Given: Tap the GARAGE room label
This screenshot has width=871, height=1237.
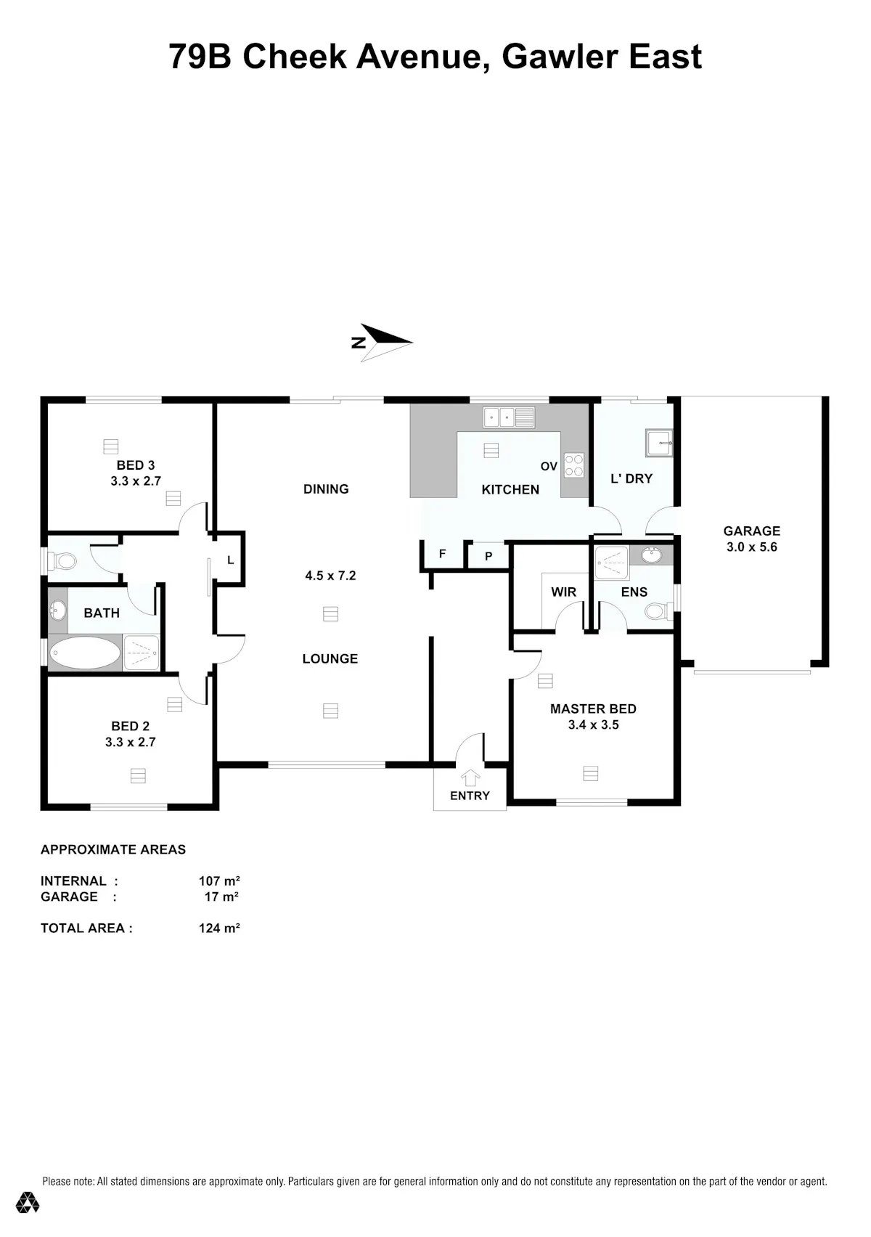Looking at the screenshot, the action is (751, 531).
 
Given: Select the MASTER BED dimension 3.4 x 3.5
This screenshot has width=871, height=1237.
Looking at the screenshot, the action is (593, 724).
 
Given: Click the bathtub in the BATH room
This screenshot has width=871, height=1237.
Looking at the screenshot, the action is (84, 653).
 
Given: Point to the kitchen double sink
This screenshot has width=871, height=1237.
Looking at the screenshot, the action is (509, 417).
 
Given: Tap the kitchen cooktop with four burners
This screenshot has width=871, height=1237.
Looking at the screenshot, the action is (574, 465).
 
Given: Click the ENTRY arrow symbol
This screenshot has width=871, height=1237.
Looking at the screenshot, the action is (470, 778).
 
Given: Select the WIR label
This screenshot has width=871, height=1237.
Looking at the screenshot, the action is (563, 592).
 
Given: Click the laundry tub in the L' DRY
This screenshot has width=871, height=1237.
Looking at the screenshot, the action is (659, 443).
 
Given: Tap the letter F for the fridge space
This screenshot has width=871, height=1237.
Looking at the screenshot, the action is (443, 554).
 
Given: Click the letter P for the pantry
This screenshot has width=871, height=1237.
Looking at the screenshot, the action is (488, 557).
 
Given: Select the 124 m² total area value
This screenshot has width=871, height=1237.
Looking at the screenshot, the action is (219, 928).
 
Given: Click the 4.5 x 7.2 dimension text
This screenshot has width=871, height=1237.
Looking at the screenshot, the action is (330, 576).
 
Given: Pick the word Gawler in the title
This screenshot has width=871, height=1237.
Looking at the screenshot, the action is (560, 57).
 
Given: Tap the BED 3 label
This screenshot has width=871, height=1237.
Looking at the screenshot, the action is (135, 465).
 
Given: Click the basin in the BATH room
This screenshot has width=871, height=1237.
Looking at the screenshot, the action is (57, 611).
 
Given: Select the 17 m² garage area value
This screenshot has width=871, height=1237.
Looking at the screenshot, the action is (221, 897).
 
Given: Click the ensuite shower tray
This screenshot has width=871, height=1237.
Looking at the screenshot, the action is (611, 563).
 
